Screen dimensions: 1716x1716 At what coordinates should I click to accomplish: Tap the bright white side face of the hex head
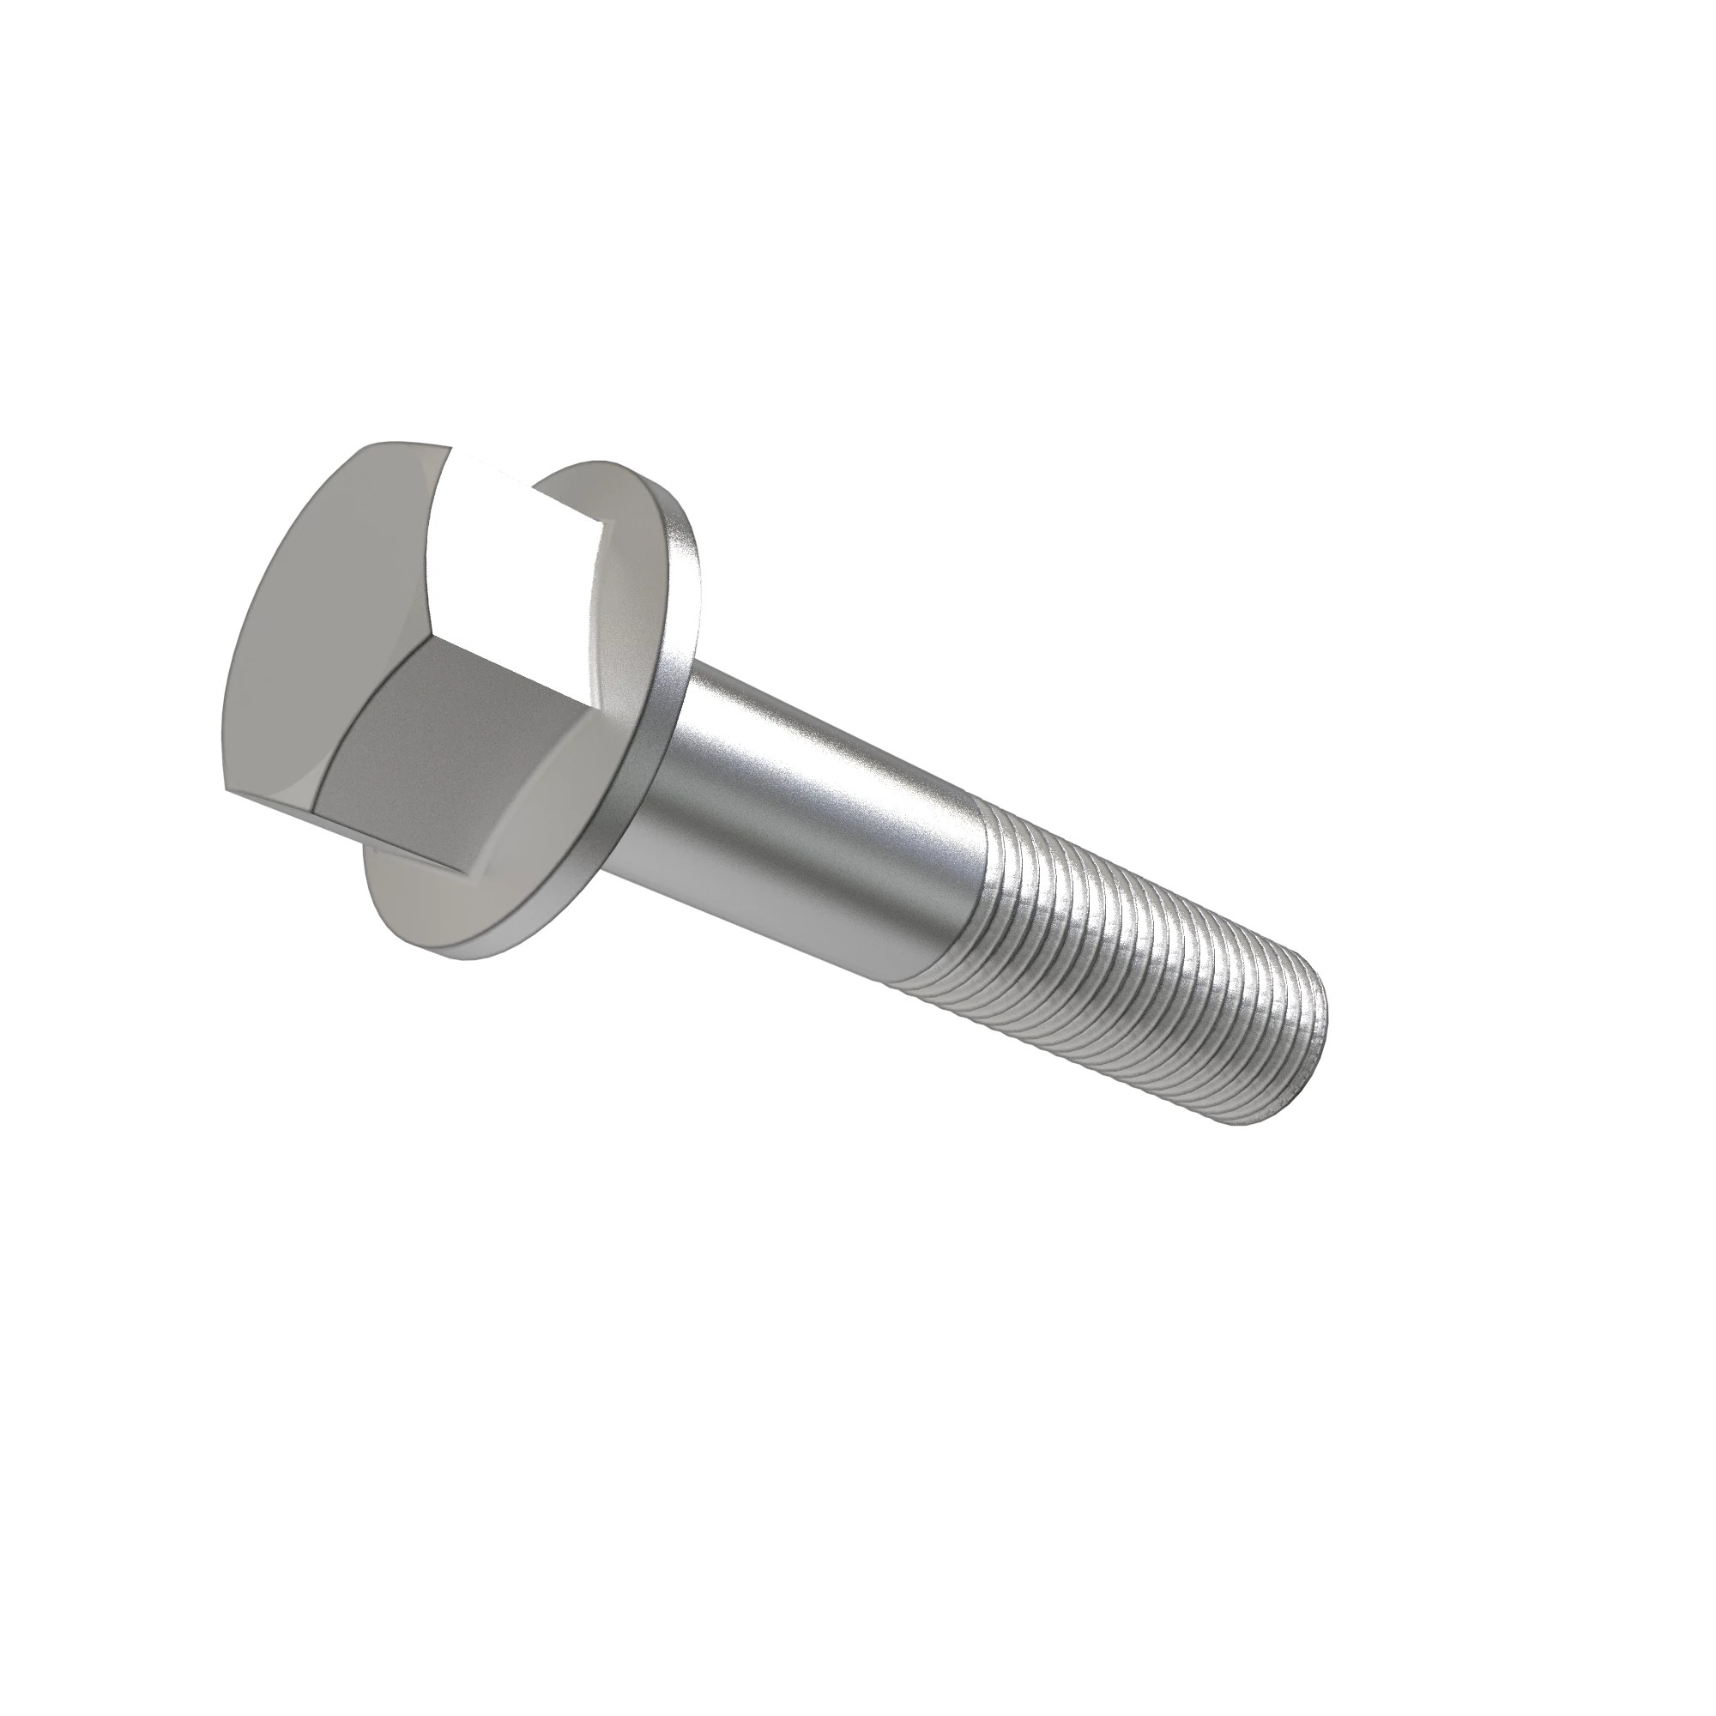click(x=515, y=551)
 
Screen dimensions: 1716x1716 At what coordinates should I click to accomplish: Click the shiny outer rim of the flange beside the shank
click(x=680, y=675)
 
